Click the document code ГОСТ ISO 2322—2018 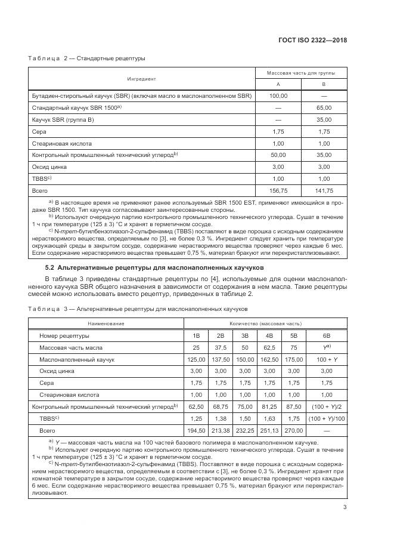click(313, 40)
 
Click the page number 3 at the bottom click(345, 508)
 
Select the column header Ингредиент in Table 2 click(141, 78)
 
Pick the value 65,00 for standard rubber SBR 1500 click(324, 107)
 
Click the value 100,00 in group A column click(278, 95)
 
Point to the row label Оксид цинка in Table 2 click(48, 167)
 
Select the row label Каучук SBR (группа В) click(63, 119)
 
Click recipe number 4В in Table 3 click(269, 335)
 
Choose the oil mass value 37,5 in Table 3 click(220, 347)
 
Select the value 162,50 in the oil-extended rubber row click(269, 359)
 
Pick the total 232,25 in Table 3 click(244, 430)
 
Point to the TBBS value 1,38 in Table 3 click(220, 418)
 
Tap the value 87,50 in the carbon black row click(293, 406)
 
